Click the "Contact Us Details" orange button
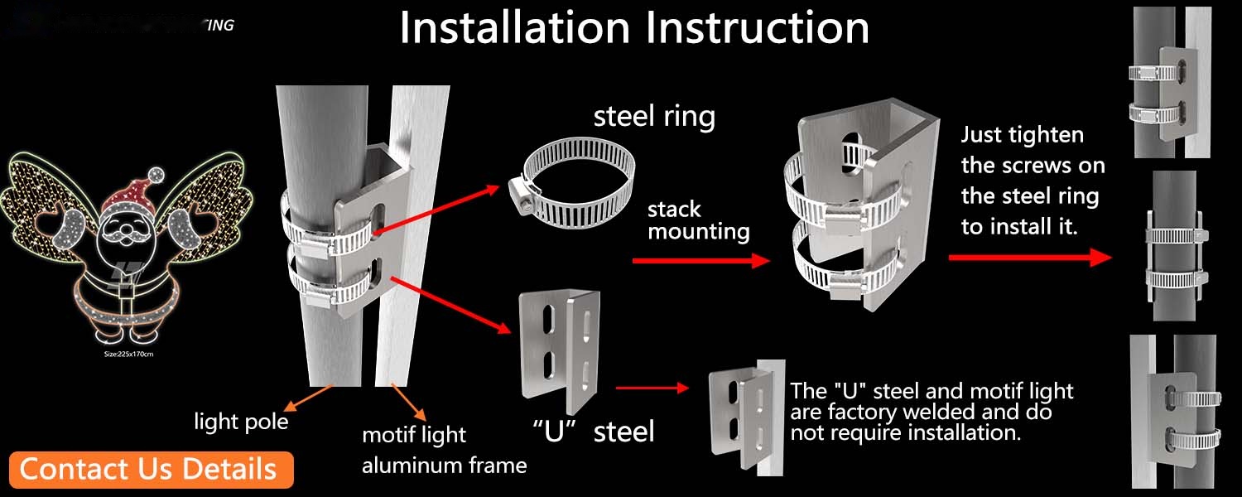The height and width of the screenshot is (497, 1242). point(148,469)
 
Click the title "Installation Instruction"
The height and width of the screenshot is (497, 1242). point(634,27)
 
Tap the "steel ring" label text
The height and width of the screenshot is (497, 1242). point(654,117)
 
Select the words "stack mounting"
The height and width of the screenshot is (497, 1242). point(698,220)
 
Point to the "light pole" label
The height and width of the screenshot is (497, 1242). point(241,422)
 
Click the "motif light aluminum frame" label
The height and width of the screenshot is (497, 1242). point(444,450)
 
